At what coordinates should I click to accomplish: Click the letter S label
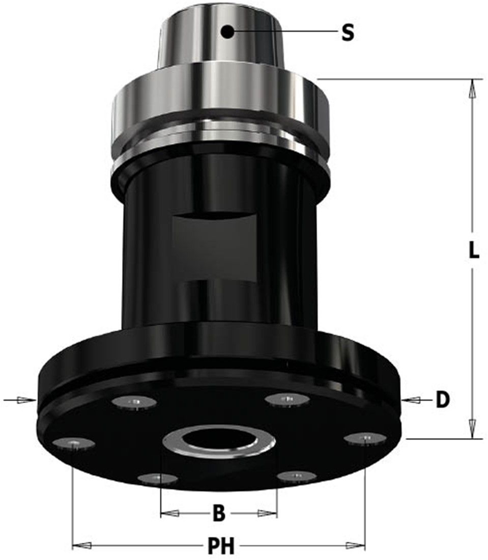pos(348,33)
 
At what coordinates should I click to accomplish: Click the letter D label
pos(443,400)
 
